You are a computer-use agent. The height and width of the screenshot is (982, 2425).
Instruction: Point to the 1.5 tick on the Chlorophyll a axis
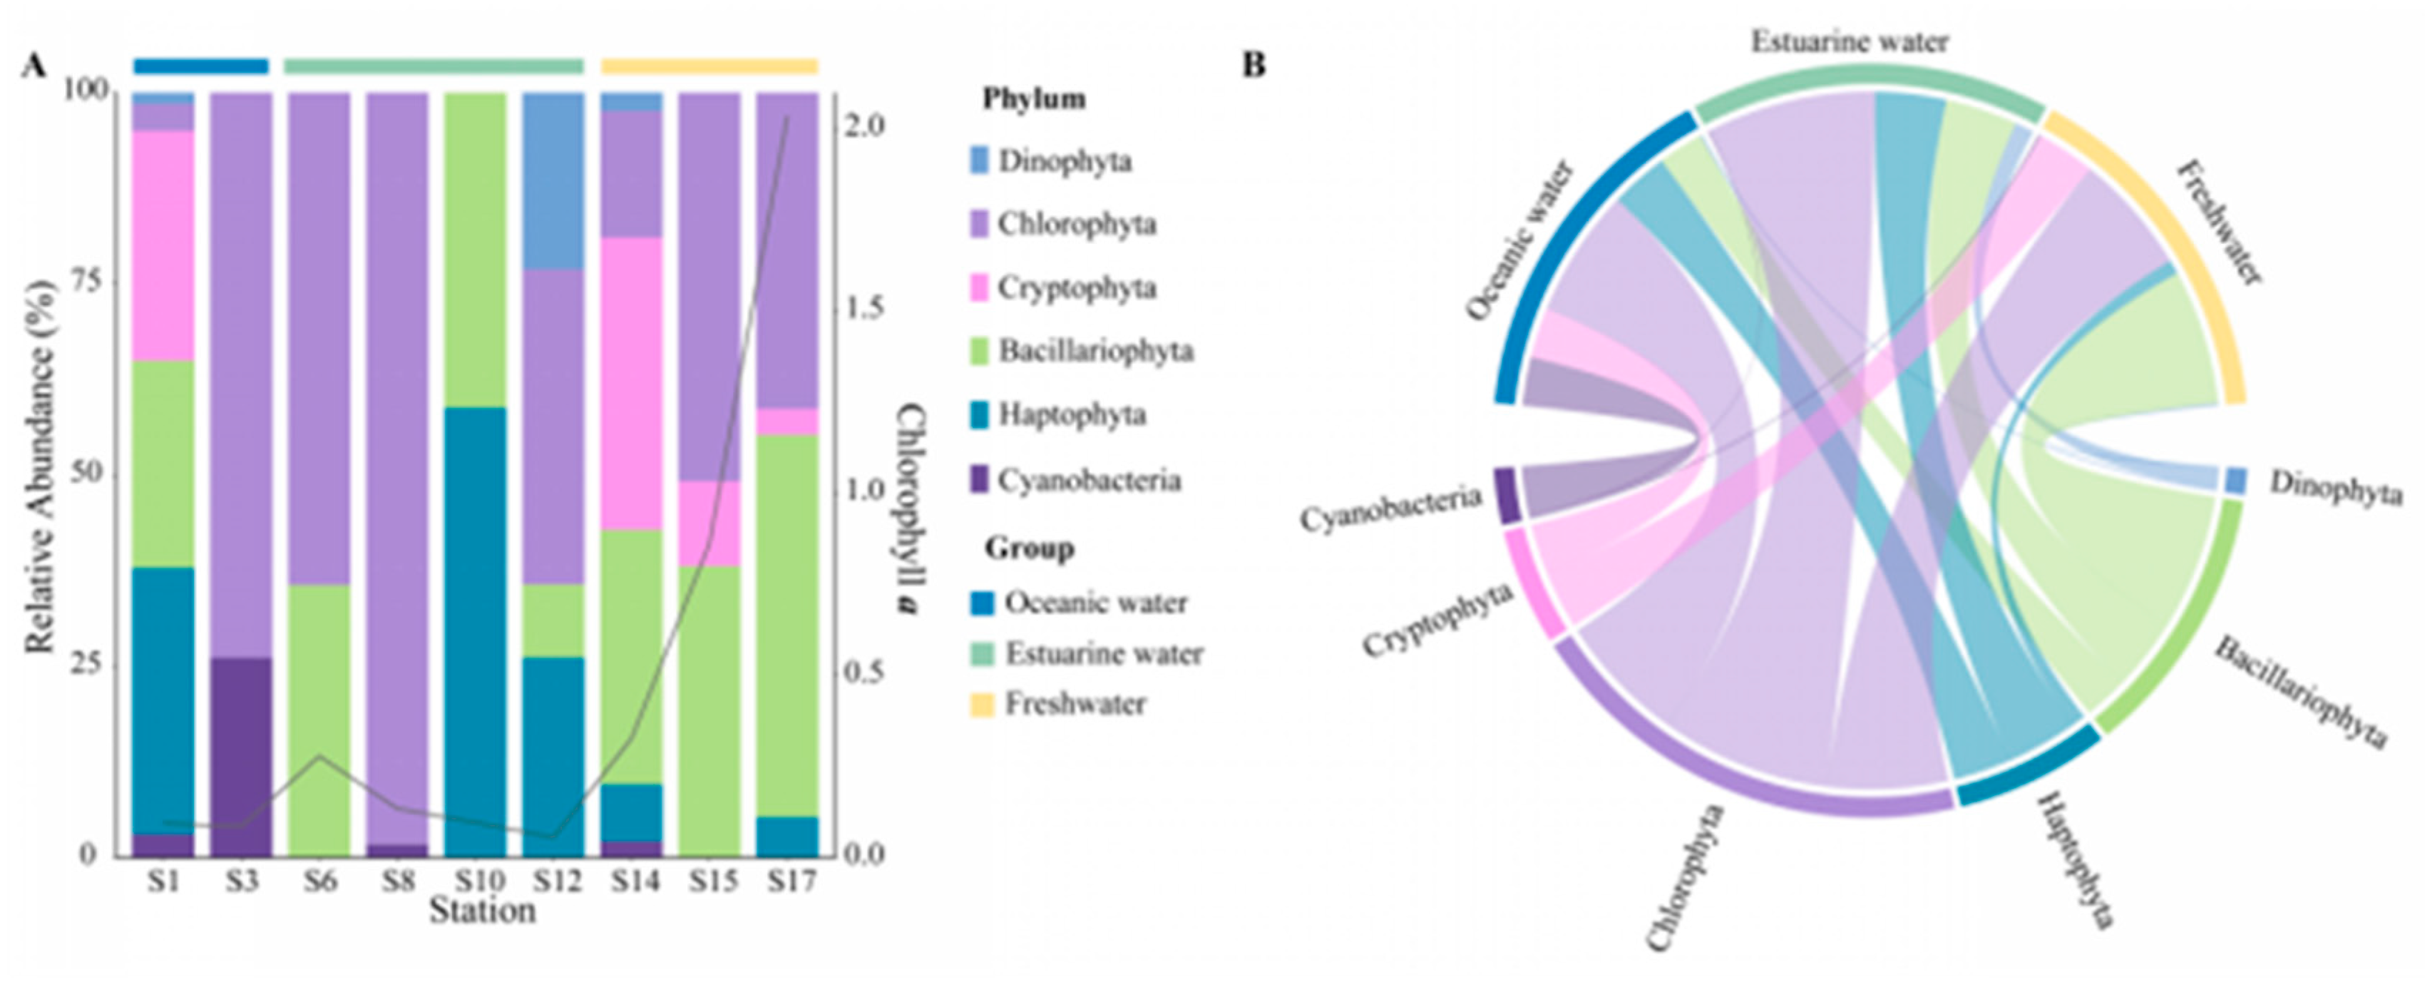(x=858, y=309)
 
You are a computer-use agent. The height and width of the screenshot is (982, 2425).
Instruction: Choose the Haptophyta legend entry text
(x=1072, y=415)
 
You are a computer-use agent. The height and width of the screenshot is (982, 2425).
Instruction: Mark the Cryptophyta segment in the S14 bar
(x=631, y=383)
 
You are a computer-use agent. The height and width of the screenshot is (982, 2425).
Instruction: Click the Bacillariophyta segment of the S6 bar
(x=319, y=720)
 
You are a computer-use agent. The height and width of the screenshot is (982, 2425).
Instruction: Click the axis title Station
(x=482, y=911)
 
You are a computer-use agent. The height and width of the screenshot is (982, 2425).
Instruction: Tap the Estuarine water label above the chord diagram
(x=1849, y=42)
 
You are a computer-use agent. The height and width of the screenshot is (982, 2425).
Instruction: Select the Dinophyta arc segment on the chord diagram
(x=2237, y=481)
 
